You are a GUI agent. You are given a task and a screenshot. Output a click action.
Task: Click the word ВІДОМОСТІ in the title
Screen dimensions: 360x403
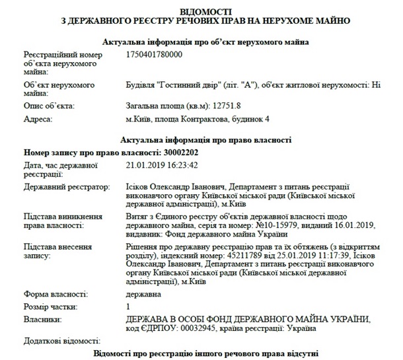201,11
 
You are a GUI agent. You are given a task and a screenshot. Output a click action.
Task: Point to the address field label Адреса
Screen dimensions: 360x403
39,119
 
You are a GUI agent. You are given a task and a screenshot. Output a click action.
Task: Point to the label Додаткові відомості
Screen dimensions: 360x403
60,342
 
